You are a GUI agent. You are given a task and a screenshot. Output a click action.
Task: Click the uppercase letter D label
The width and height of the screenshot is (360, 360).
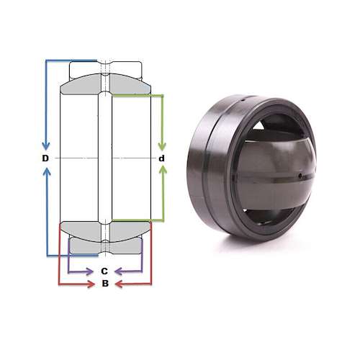[45, 158]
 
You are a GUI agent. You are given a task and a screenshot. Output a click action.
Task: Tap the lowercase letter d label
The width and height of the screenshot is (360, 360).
[162, 158]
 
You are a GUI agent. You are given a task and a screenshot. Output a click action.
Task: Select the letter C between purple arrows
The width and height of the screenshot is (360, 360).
[104, 271]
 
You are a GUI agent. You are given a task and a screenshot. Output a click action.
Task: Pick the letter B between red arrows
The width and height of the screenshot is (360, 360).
[104, 284]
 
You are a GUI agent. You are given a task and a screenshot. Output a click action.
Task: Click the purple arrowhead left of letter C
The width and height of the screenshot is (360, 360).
[90, 272]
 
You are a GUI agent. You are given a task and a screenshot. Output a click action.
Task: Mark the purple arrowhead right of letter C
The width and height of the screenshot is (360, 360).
[120, 272]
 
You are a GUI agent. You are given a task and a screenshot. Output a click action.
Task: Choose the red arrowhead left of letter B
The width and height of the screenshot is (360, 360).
[90, 285]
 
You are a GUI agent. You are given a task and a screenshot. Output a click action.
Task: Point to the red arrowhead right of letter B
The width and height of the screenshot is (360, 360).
[120, 285]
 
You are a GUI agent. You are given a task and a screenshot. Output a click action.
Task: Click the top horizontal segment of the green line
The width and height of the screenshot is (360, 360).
[137, 94]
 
